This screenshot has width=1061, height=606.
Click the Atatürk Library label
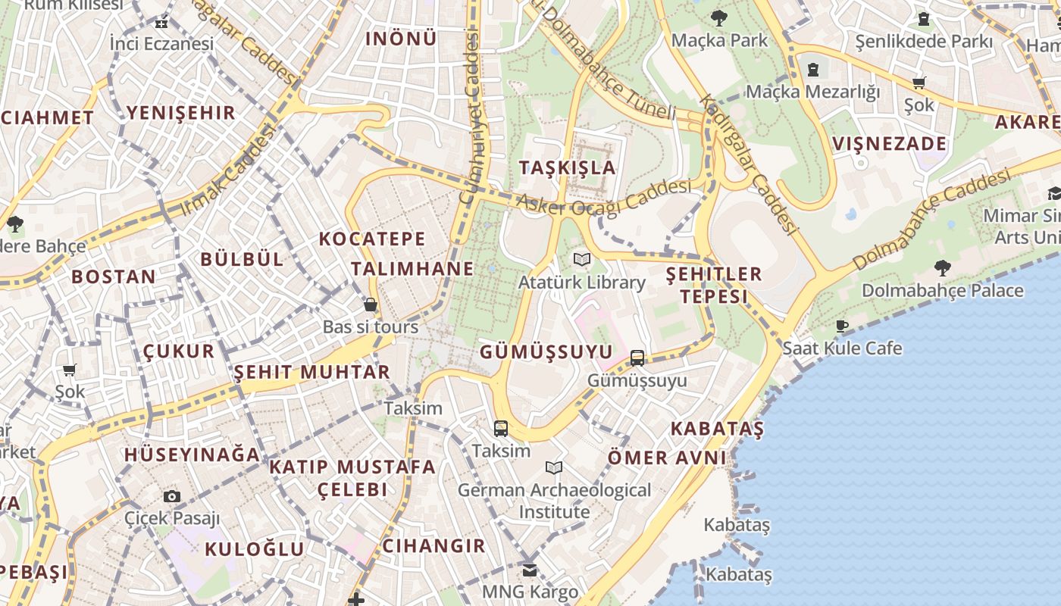581,283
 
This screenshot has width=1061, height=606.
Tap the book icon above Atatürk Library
582,260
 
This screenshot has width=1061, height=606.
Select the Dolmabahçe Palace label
942,290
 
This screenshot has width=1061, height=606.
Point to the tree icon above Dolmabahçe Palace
942,267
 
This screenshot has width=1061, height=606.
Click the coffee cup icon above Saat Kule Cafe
841,326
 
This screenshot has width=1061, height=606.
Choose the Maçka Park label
719,39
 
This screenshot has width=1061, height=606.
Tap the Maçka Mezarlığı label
812,92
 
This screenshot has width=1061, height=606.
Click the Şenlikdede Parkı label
923,41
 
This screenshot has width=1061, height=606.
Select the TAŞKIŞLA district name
568,167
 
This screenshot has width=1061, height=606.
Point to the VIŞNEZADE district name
890,144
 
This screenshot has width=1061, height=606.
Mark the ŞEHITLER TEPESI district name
713,285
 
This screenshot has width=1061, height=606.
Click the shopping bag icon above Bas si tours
371,305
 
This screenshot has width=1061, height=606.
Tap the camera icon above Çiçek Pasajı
172,497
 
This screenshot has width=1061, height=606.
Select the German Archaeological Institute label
554,501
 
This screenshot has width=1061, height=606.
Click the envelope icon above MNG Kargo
530,570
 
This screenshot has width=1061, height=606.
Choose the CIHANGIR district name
433,545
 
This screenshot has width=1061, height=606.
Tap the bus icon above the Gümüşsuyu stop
637,358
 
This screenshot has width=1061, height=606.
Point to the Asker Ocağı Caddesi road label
604,198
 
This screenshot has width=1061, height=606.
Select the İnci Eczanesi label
161,44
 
